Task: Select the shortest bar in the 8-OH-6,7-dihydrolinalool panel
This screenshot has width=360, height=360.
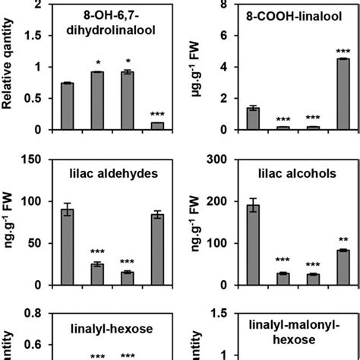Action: point(157,126)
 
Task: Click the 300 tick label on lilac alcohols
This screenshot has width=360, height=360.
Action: point(217,160)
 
